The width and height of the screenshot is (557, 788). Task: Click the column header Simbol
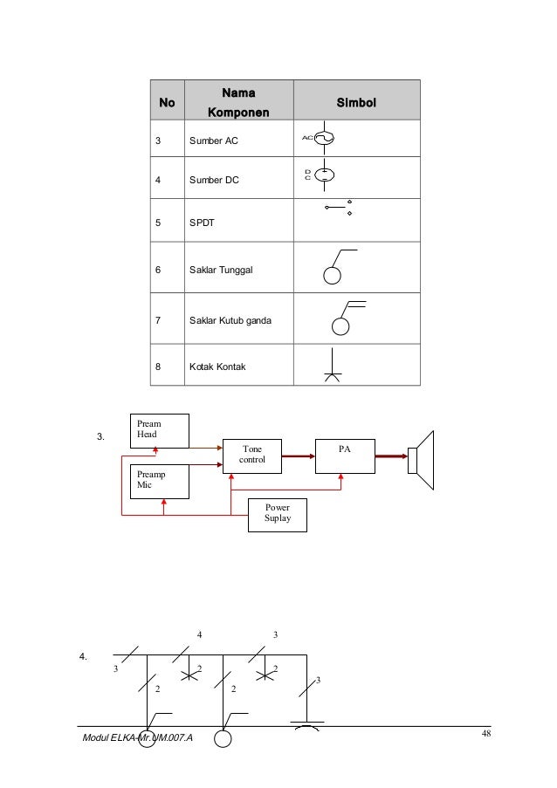pyautogui.click(x=355, y=103)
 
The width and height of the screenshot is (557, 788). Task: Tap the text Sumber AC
pyautogui.click(x=213, y=140)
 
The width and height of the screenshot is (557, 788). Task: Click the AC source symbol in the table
pyautogui.click(x=322, y=138)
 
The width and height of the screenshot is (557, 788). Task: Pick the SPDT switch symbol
pyautogui.click(x=338, y=208)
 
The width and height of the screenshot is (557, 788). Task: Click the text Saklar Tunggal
pyautogui.click(x=222, y=271)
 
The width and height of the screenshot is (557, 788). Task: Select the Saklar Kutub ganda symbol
pyautogui.click(x=342, y=318)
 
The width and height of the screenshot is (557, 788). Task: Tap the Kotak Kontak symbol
pyautogui.click(x=334, y=366)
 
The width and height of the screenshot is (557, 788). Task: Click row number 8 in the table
pyautogui.click(x=158, y=367)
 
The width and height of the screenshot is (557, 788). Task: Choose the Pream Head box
pyautogui.click(x=159, y=429)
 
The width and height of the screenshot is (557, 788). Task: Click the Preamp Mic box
pyautogui.click(x=159, y=481)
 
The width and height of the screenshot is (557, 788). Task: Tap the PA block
pyautogui.click(x=344, y=453)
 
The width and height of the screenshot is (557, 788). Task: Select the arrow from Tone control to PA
pyautogui.click(x=298, y=455)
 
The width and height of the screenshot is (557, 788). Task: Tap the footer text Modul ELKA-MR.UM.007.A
pyautogui.click(x=137, y=738)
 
